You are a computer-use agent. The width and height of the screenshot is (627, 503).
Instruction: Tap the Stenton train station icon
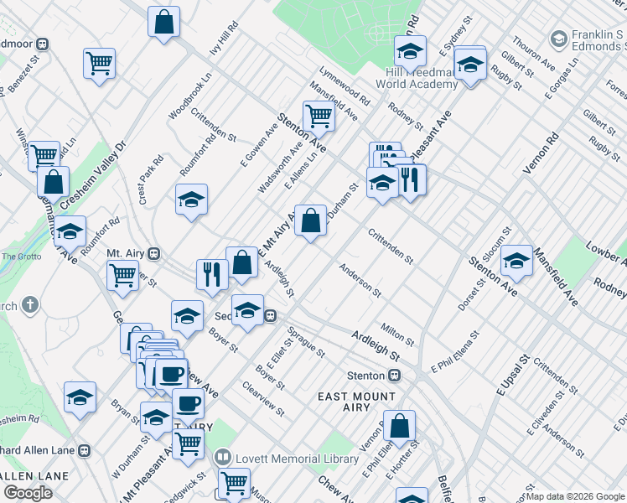pos(394,376)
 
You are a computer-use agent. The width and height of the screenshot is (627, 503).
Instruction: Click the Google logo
pos(28,492)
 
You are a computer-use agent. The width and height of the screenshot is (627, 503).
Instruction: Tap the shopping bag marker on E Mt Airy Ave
pos(310,221)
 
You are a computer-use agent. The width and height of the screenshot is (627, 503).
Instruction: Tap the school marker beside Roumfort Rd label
pos(191,200)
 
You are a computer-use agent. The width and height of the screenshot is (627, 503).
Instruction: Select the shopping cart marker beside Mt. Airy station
pos(123,275)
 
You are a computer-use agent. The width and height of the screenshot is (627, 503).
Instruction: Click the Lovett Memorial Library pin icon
pos(223,458)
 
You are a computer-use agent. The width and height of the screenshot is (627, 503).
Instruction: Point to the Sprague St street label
pos(306,342)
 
